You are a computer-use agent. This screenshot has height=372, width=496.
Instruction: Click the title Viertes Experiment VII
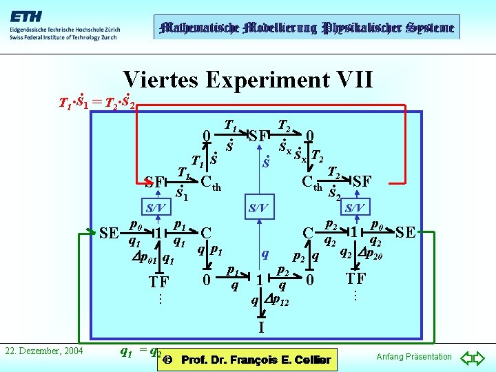pyautogui.click(x=248, y=79)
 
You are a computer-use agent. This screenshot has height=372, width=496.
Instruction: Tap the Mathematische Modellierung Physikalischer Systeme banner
pyautogui.click(x=305, y=28)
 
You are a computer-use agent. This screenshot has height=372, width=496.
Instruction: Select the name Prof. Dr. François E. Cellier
pyautogui.click(x=256, y=360)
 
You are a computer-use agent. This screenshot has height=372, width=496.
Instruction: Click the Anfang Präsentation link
pyautogui.click(x=413, y=356)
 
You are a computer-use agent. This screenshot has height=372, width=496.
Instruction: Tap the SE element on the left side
pyautogui.click(x=109, y=232)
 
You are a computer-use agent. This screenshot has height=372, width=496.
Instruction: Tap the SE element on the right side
pyautogui.click(x=406, y=232)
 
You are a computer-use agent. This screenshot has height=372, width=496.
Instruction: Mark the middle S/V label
pyautogui.click(x=258, y=207)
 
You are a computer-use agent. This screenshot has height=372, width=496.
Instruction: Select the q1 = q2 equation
pyautogui.click(x=141, y=351)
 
